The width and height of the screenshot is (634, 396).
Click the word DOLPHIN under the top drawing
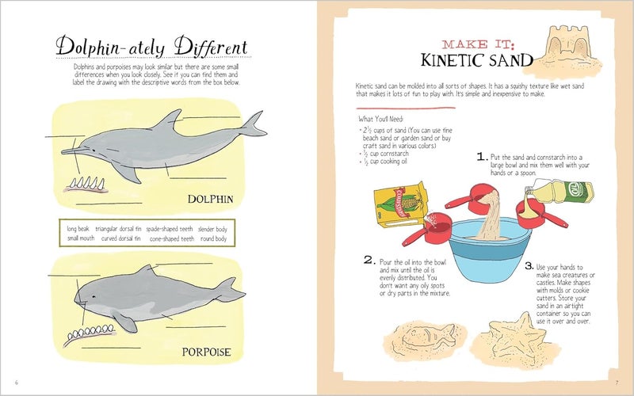click(x=210, y=198)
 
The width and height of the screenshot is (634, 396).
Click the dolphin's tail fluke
click(x=254, y=125)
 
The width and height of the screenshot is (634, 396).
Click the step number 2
click(x=369, y=260)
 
